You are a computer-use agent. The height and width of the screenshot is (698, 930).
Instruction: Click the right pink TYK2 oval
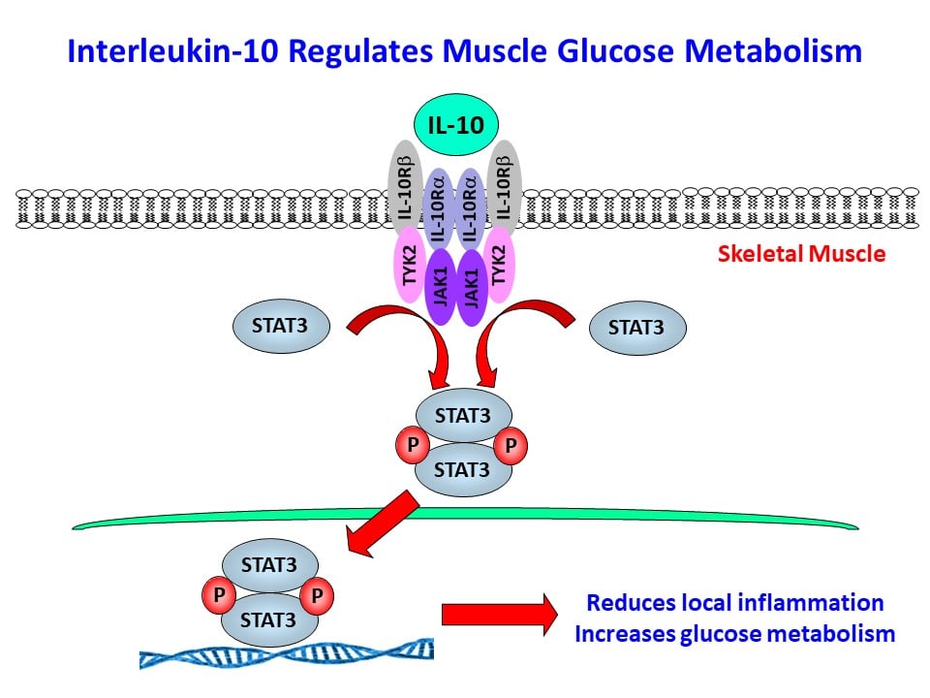coord(500,262)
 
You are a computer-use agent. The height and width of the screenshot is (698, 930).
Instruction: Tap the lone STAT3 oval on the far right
coord(636,329)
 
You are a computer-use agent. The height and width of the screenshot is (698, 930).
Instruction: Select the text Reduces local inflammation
coord(734,602)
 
